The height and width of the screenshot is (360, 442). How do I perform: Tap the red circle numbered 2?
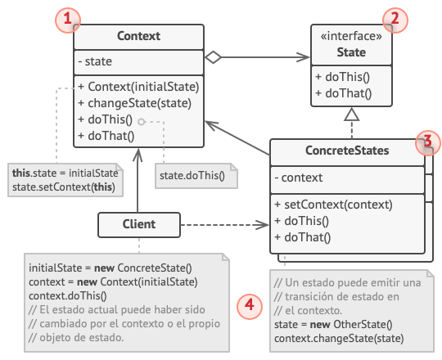tap(395, 19)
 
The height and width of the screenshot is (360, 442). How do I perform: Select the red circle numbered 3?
tap(426, 141)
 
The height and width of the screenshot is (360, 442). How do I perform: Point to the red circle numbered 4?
tap(249, 306)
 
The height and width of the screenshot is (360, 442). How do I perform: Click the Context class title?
tap(138, 36)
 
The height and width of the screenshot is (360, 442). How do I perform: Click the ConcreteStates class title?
tap(347, 151)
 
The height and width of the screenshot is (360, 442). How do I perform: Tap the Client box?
tap(138, 223)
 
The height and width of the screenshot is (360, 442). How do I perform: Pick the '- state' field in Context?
tap(95, 61)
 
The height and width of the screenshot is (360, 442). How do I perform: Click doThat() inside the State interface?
tap(343, 93)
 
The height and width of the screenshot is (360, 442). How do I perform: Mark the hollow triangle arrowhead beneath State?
tap(351, 117)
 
